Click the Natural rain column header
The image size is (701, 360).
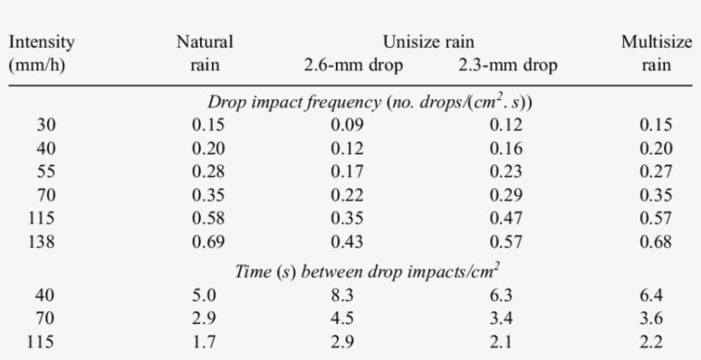click(204, 52)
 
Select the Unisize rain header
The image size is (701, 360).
click(428, 41)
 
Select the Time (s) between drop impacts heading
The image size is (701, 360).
click(368, 272)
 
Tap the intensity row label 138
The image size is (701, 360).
click(46, 242)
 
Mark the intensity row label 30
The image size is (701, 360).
click(46, 125)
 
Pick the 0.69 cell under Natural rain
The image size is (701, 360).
click(209, 242)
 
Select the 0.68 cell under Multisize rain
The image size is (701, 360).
click(656, 242)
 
